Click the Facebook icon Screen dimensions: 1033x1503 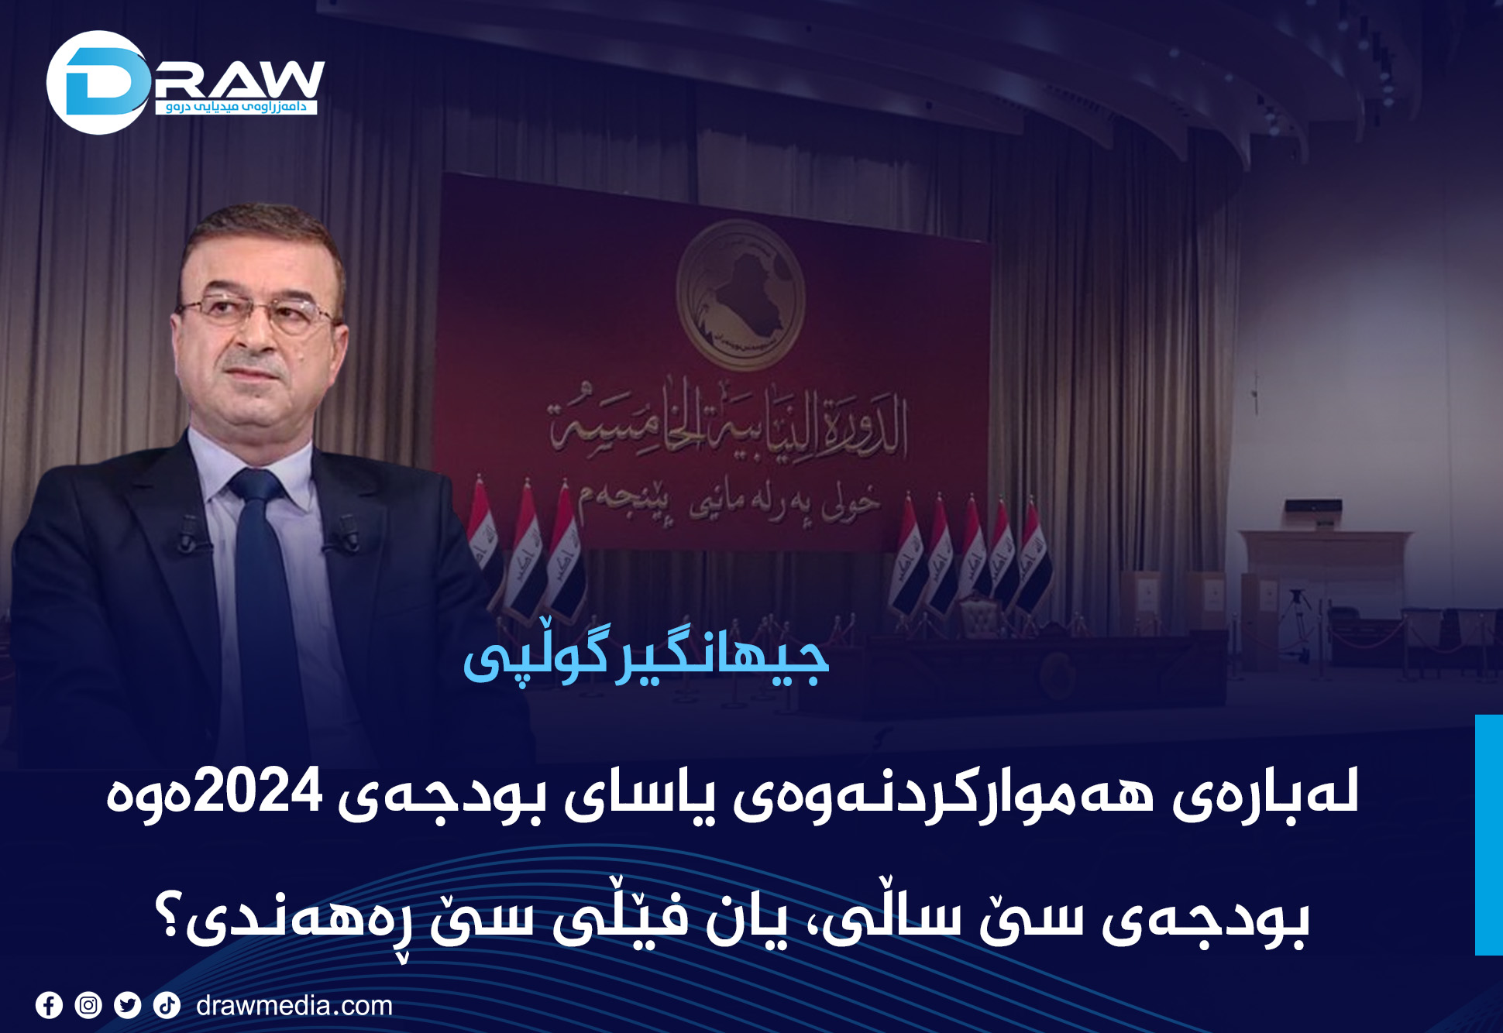tap(49, 1005)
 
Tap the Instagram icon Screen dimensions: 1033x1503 tap(88, 1005)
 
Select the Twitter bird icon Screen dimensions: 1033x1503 tap(127, 1005)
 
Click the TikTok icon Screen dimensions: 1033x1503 tap(167, 1005)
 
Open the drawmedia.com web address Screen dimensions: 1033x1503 tap(294, 1005)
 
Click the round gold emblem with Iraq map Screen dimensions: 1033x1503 tap(740, 294)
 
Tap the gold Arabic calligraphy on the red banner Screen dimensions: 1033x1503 tap(728, 422)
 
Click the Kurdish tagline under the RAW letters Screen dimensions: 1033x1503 tap(236, 107)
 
